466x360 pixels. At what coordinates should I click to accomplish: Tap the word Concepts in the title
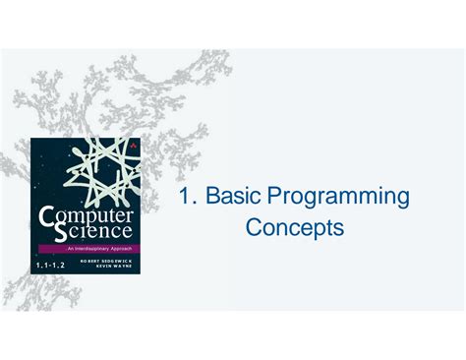click(295, 228)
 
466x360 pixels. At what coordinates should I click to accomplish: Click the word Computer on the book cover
click(89, 215)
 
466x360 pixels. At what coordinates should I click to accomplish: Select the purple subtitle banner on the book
click(86, 251)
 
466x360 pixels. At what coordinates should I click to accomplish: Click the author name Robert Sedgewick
click(107, 261)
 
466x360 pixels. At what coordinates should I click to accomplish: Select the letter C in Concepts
click(254, 228)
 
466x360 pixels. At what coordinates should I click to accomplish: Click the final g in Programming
click(402, 201)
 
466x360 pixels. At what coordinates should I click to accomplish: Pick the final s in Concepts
click(339, 229)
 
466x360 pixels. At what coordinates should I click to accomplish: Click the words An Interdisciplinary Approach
click(86, 251)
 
